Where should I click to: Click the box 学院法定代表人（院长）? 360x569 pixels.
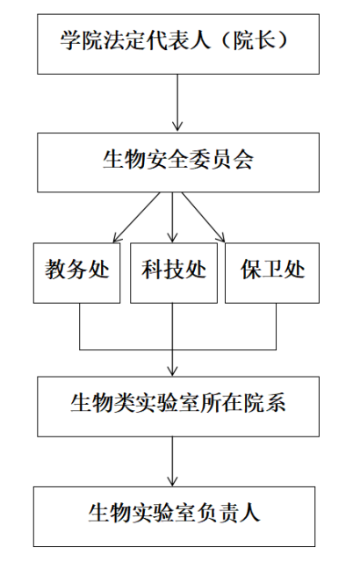point(178,44)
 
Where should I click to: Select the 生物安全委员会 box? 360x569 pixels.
point(178,162)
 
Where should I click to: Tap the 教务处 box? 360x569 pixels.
point(76,273)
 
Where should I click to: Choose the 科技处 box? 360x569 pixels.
point(174,273)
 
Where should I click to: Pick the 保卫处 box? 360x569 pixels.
point(272,273)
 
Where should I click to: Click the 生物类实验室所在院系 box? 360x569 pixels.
point(178,407)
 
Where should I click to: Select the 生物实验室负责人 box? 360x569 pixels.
point(174,516)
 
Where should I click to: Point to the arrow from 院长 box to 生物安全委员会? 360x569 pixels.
point(177,103)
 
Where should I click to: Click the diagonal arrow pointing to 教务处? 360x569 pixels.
point(136,217)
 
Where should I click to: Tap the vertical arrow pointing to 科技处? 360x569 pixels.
point(172,217)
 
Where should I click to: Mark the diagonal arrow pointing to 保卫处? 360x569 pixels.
point(203,217)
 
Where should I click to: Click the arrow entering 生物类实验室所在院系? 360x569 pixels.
point(172,339)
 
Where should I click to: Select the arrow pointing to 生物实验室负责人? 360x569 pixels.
point(172,461)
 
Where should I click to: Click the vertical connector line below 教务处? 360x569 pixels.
point(80,327)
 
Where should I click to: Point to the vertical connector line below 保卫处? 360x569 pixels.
point(277,327)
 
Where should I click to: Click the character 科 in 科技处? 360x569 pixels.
point(152,270)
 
